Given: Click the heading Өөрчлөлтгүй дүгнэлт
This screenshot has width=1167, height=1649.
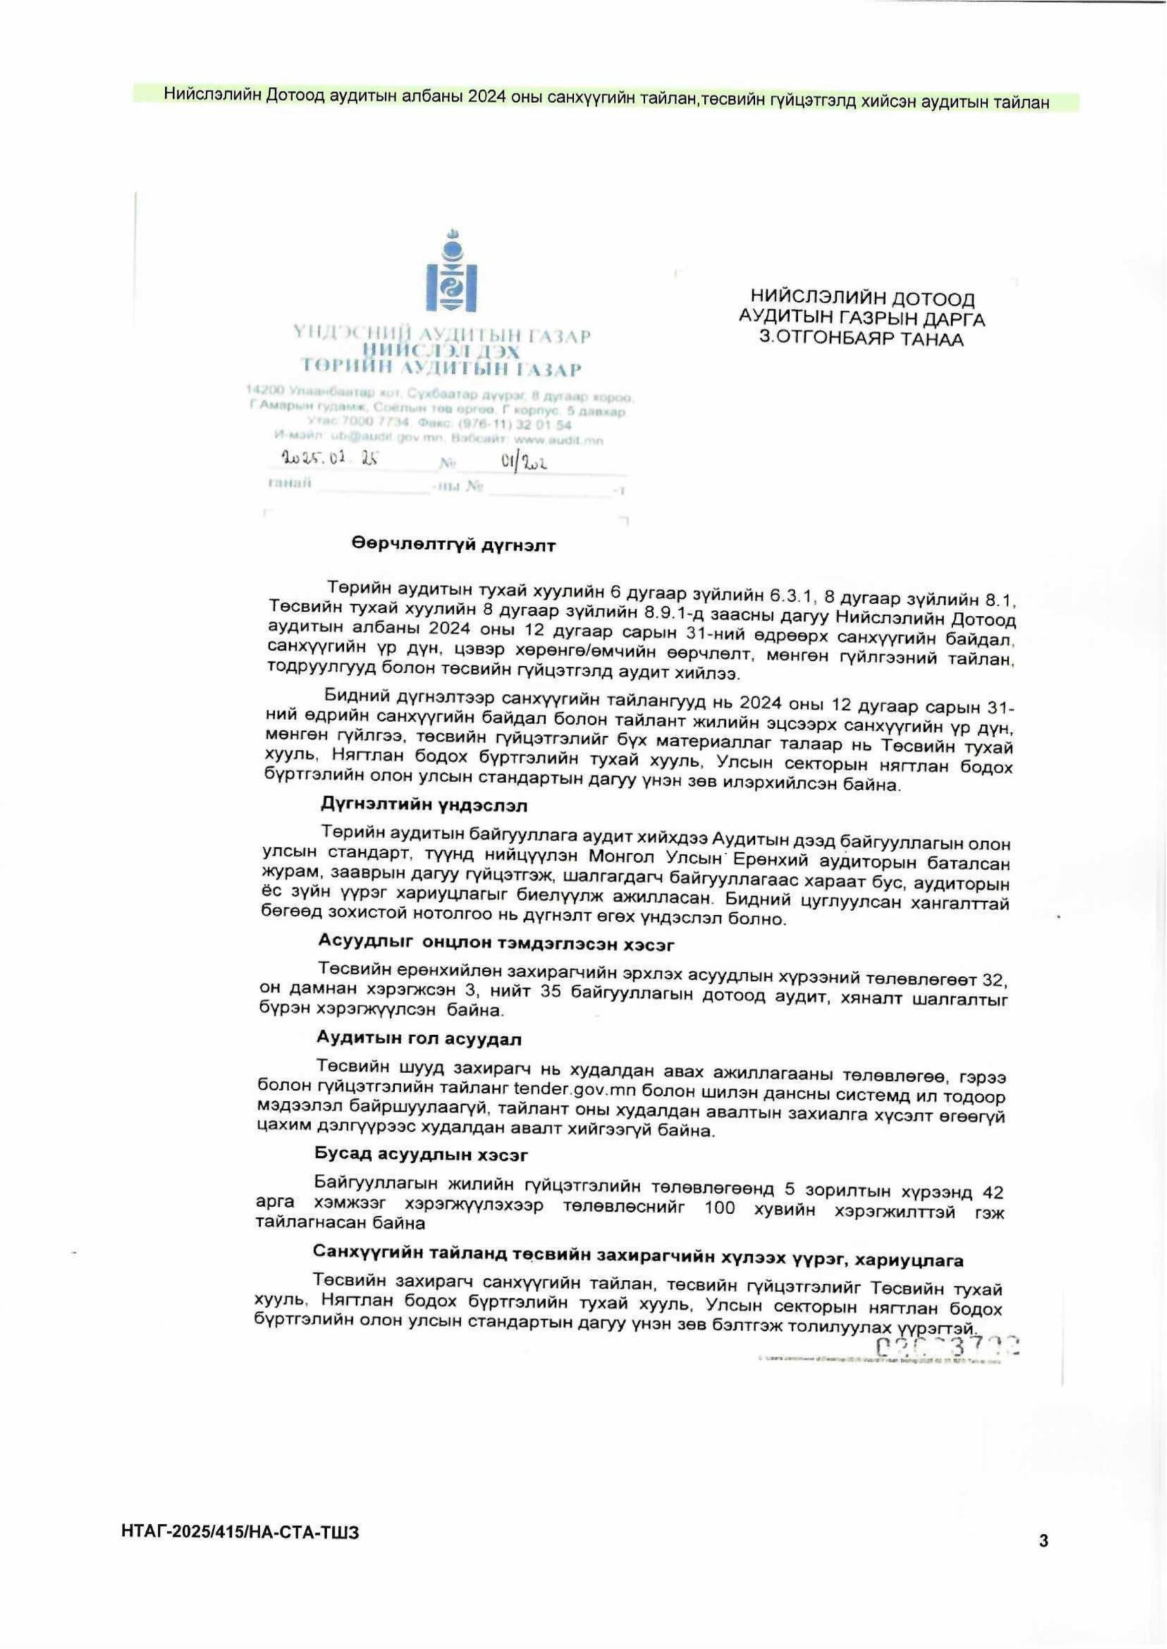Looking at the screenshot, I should pos(453,546).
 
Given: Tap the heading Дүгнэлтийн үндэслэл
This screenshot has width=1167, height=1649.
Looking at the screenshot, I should pos(424,805).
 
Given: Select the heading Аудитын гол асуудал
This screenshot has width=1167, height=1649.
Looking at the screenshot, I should pos(419,1039).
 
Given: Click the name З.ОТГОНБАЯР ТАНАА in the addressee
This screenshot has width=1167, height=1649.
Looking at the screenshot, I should pos(862,338).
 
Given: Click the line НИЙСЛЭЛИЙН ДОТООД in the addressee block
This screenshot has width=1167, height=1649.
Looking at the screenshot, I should pos(862,298).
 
